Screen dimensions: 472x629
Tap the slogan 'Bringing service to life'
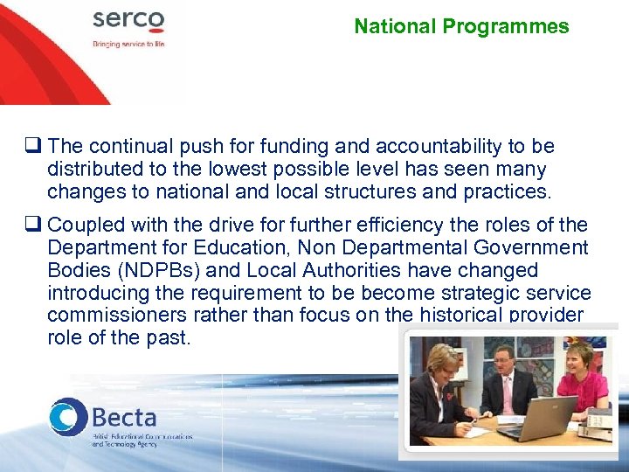(128, 43)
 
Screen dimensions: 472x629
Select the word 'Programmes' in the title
(506, 26)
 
